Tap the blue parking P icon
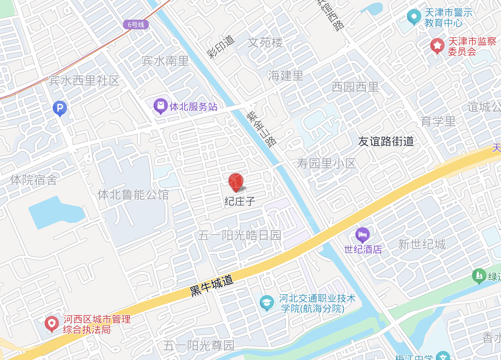60,108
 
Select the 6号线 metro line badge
136,25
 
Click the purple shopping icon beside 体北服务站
161,106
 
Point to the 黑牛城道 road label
211,286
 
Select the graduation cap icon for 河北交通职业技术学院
267,303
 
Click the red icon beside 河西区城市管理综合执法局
52,323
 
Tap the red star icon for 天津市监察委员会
437,46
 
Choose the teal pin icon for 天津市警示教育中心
414,17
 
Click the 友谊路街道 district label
386,141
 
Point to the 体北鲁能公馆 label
133,195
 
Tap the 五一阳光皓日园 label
239,235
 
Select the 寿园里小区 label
326,164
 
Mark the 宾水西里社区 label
84,81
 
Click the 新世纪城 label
422,244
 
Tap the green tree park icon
479,276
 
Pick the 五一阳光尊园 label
199,345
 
